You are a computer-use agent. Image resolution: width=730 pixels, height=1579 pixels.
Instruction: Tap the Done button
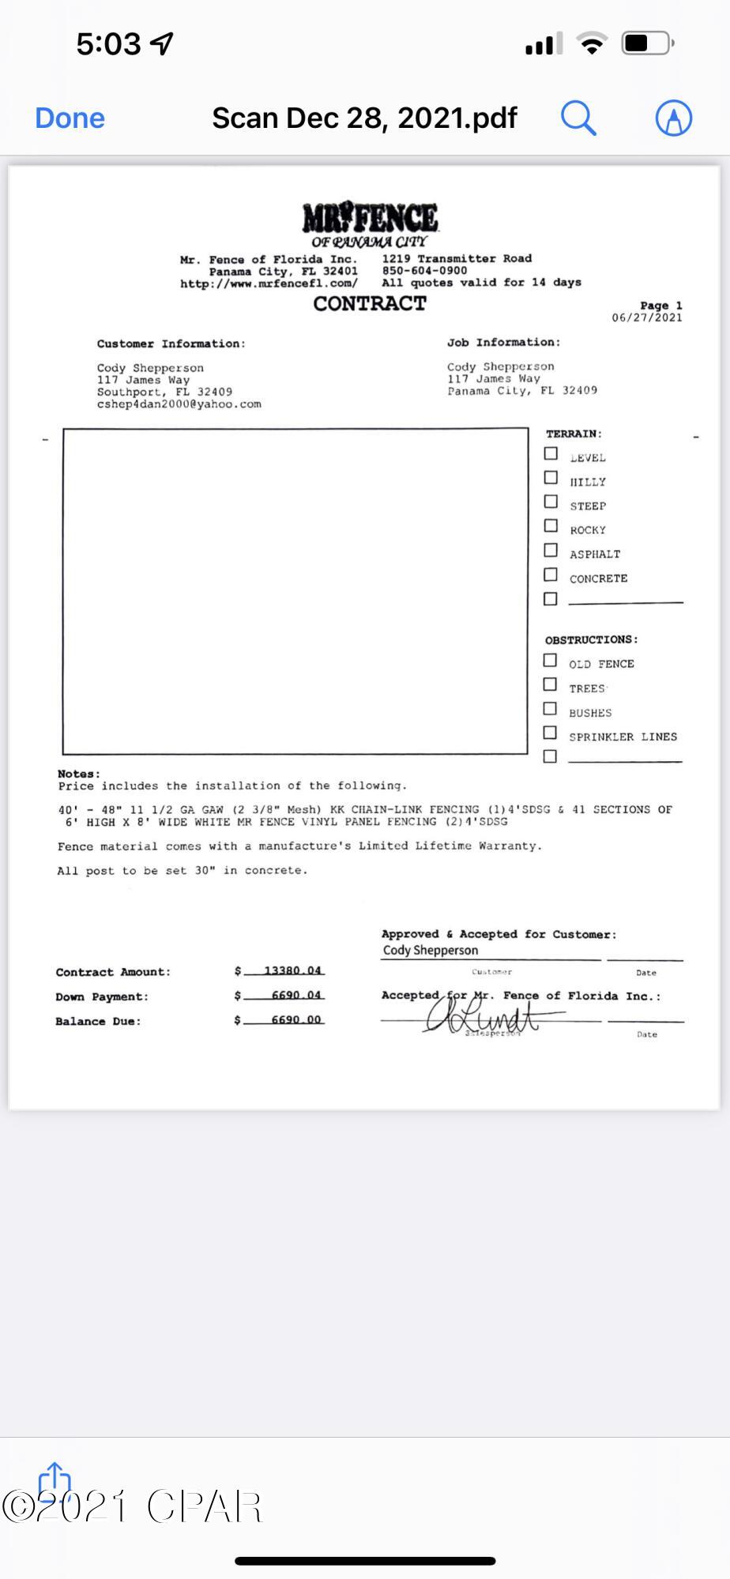[70, 118]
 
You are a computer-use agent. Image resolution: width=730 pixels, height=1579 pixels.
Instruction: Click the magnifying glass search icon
[578, 118]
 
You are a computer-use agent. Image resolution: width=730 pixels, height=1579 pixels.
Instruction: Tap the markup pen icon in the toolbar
[673, 118]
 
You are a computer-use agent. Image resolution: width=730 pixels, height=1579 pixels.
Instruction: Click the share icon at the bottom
[55, 1481]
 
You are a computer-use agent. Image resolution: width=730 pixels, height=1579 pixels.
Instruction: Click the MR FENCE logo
[370, 219]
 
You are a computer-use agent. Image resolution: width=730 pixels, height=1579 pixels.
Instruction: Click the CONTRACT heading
[370, 304]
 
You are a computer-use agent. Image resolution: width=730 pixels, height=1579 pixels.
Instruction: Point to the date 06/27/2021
[646, 318]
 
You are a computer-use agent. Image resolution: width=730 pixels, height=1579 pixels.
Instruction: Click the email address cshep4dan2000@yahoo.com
[179, 404]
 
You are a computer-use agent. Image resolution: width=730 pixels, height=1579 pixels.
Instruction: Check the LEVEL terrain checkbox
[551, 454]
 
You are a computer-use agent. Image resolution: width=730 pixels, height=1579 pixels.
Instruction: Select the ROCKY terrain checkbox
[551, 527]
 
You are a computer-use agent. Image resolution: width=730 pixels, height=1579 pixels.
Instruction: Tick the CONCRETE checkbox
[551, 575]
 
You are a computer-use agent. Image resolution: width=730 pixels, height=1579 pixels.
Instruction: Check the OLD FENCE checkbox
[550, 661]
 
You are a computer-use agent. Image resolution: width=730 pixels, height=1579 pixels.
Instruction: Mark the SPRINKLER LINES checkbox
[550, 733]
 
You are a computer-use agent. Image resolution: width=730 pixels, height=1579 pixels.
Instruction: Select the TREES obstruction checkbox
[550, 684]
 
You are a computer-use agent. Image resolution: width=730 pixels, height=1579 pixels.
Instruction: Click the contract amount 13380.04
[292, 970]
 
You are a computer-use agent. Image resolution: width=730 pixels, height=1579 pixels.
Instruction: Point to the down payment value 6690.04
[295, 995]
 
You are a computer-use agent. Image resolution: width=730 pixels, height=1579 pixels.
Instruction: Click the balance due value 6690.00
[295, 1019]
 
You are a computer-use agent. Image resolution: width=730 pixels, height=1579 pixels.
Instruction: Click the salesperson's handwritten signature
[482, 1015]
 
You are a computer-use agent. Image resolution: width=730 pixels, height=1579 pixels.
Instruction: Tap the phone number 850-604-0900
[424, 270]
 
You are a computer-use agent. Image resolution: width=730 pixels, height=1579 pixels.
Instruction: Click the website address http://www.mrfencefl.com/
[269, 283]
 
